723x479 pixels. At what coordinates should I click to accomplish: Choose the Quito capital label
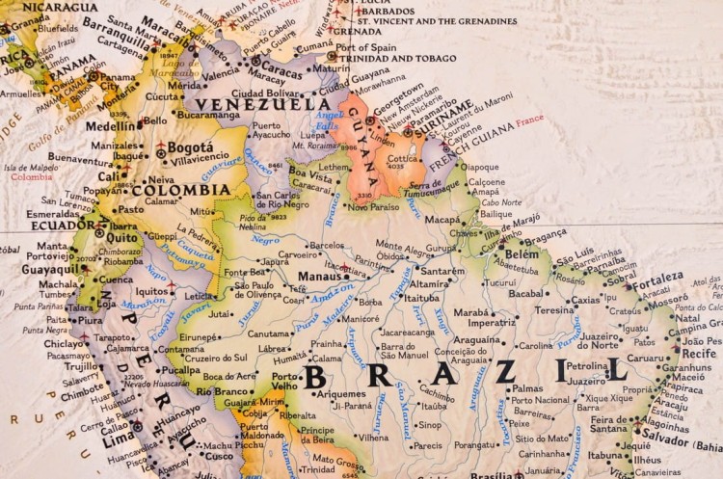[x=121, y=236]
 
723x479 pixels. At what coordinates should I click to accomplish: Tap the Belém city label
[x=522, y=253]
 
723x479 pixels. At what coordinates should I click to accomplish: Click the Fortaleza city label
[x=657, y=277]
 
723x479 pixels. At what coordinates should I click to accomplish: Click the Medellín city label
[x=111, y=125]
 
